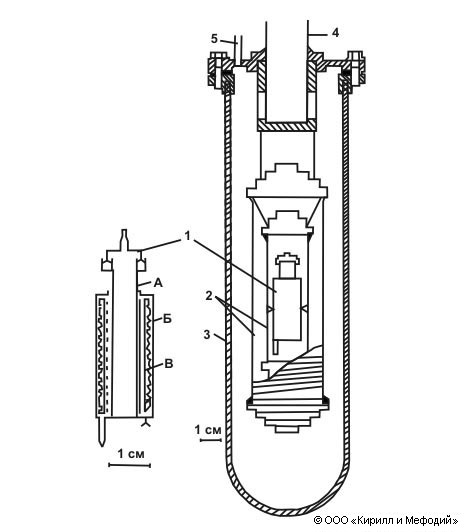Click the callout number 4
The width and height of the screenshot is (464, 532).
click(335, 33)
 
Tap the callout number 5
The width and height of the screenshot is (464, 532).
click(214, 39)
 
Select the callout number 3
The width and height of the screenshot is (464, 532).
click(207, 334)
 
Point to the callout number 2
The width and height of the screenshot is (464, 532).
click(209, 296)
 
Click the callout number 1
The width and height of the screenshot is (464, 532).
click(188, 235)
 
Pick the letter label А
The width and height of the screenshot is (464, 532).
click(158, 282)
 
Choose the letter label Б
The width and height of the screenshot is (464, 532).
click(167, 319)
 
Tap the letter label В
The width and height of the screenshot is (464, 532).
click(169, 364)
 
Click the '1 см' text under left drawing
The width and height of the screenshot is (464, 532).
click(131, 453)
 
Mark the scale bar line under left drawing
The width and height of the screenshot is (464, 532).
click(130, 465)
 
